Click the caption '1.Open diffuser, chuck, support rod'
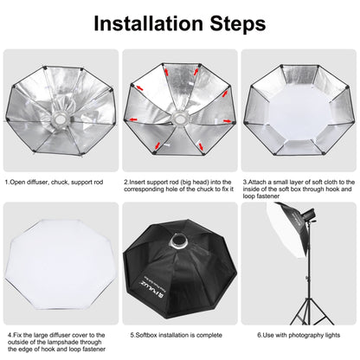pos(55,183)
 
